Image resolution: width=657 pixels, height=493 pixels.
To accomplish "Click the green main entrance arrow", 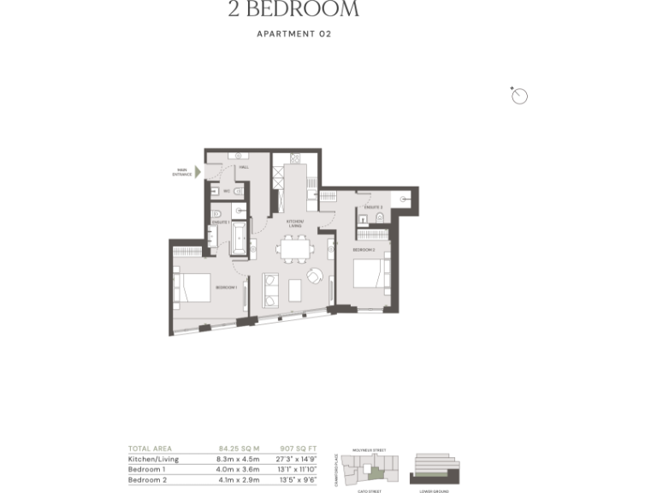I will point(198,172).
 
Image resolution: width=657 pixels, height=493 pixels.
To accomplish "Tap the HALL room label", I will point(244,168).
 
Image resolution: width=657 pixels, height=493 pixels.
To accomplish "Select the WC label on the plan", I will point(227,191).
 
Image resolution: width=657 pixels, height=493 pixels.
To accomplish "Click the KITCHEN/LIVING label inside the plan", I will point(294,224).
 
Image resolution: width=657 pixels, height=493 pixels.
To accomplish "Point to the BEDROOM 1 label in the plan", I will point(226,287).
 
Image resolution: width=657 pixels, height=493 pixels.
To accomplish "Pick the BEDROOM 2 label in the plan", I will point(365,249).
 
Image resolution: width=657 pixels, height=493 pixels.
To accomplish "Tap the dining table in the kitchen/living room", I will point(295,250).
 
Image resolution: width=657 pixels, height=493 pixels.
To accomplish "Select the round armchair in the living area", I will point(316,276).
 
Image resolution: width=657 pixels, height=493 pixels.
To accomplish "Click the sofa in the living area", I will point(270,289).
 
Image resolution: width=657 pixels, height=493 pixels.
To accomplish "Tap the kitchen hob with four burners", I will point(296,158).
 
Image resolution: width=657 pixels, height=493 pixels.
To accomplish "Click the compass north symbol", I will point(519,96).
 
